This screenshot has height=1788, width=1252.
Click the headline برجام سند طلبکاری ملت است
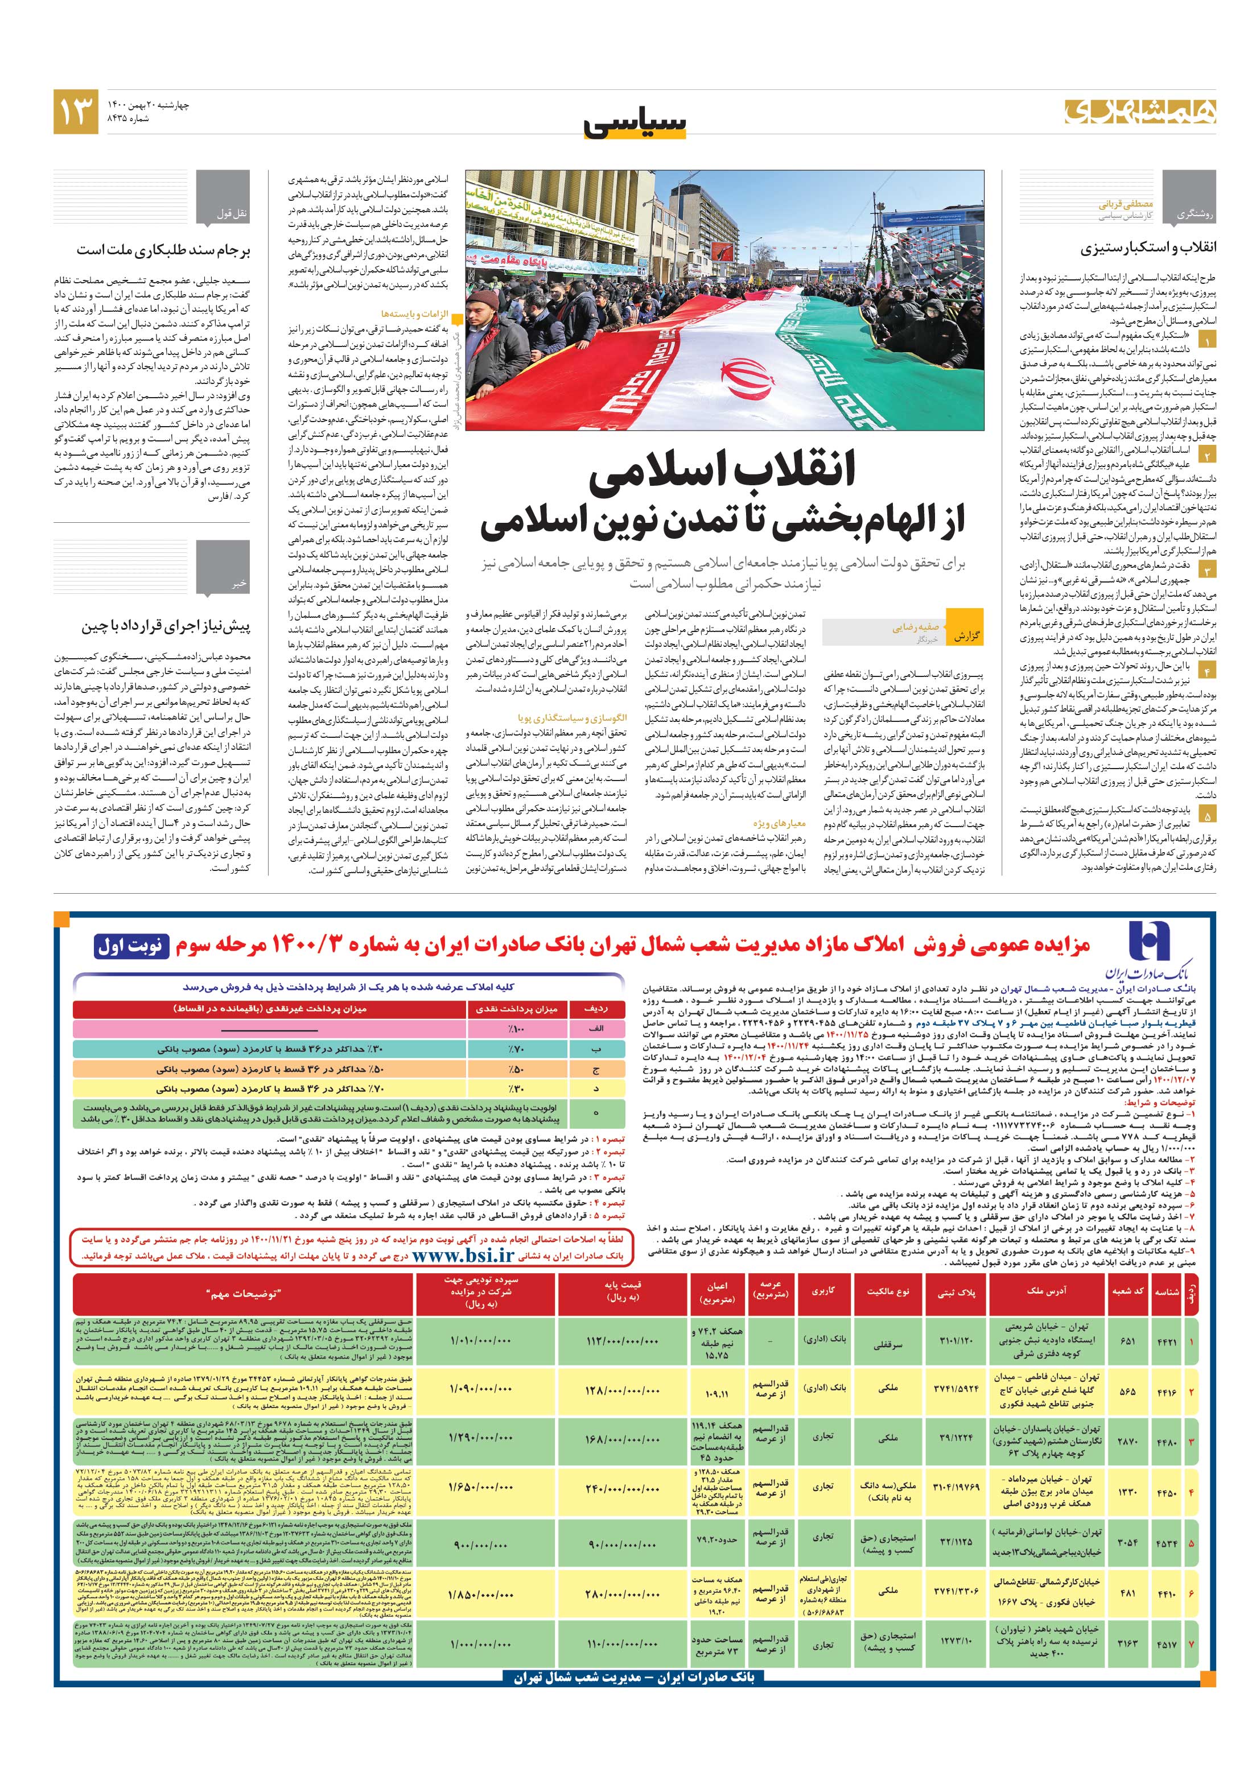tap(163, 251)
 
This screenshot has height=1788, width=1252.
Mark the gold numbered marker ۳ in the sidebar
tap(1206, 570)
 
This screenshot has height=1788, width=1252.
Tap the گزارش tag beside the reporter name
tap(965, 636)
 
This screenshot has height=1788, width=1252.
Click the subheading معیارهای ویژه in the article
tap(779, 823)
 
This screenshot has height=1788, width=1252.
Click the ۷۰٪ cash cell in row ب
tap(515, 1049)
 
